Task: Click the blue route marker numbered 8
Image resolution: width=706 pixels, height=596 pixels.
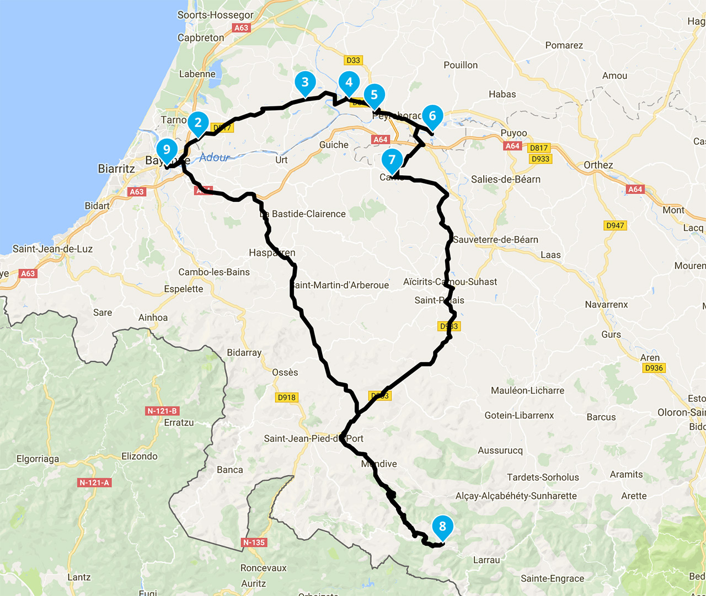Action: point(442,527)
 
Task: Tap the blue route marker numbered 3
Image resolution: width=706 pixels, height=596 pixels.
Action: point(305,83)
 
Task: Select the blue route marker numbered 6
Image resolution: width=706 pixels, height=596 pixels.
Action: point(432,116)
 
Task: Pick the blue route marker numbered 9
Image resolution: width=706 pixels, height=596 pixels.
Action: point(167,150)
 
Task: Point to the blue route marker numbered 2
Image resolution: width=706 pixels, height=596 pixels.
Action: point(198,123)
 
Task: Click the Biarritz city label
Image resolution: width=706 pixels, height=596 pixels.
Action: point(116,169)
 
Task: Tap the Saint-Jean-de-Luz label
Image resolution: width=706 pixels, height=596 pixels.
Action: point(52,249)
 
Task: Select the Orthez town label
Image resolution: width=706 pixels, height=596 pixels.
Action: point(598,165)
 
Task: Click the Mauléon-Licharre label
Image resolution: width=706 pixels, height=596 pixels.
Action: point(527,390)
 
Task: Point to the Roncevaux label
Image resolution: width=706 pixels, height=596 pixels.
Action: point(263,568)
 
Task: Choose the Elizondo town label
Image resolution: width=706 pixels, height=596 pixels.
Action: point(140,456)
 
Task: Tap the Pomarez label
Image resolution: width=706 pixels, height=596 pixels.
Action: point(564,45)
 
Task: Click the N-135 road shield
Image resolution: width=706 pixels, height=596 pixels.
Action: point(254,543)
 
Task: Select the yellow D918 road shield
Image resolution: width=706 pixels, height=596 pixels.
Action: point(286,397)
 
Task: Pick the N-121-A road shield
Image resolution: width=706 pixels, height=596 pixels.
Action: point(94,482)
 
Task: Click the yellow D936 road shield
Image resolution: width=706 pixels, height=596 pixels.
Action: point(654,368)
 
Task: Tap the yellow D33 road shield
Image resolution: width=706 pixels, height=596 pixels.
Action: point(353,60)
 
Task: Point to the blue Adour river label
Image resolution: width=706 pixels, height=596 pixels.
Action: point(214,158)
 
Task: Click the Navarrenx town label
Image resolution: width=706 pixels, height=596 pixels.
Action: point(606,304)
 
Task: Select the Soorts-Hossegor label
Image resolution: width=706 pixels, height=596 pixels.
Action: point(215,15)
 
